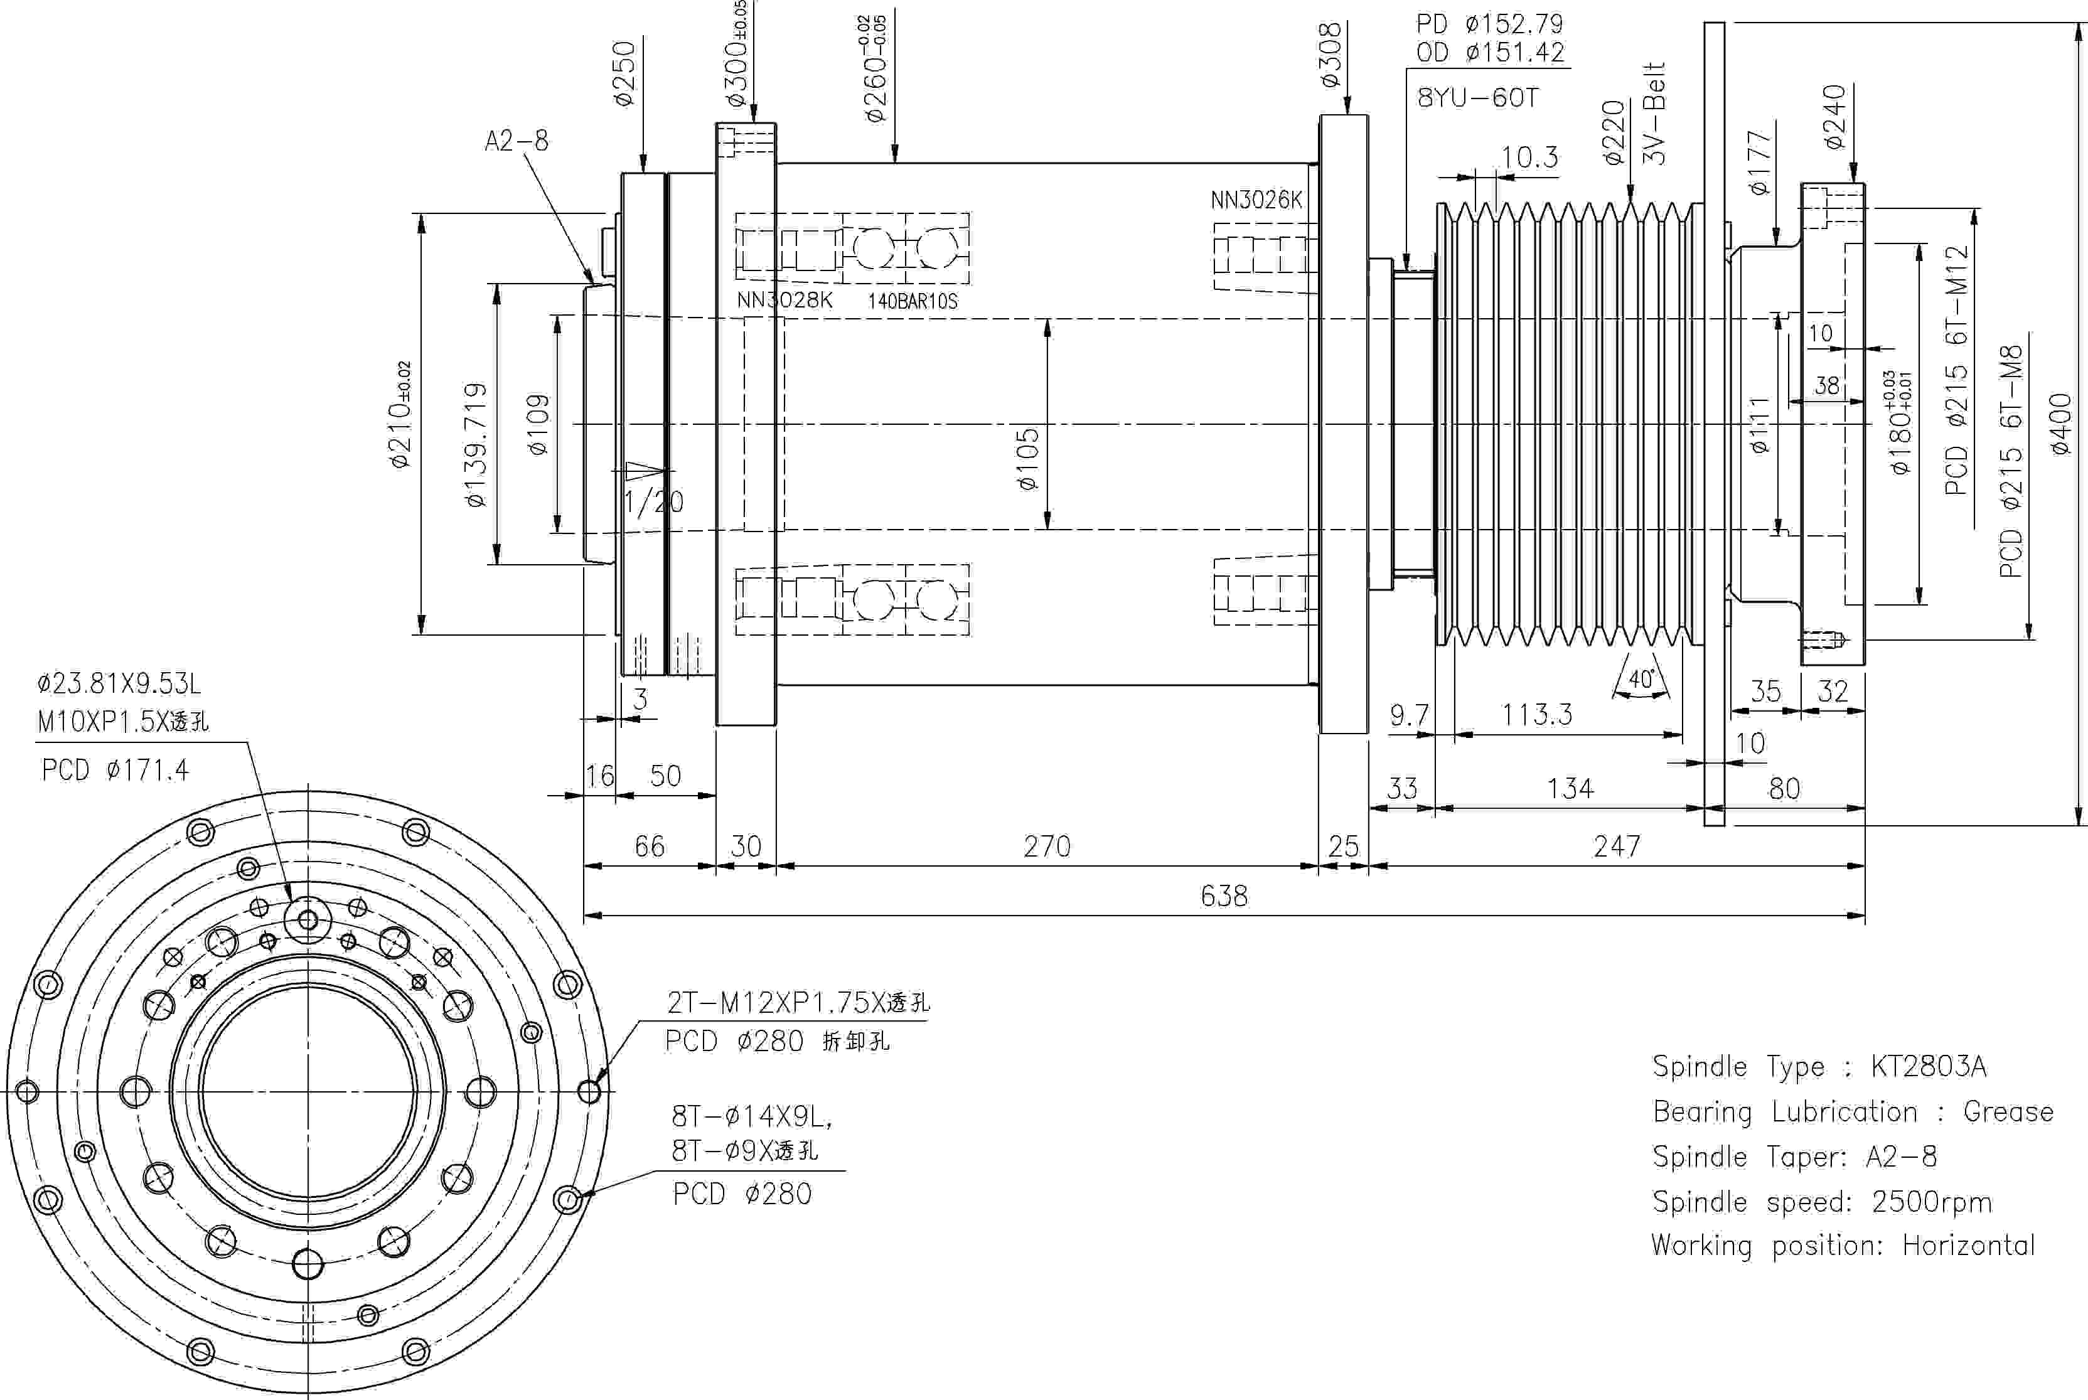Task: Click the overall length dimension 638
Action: click(x=1224, y=895)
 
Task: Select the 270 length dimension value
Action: click(x=1047, y=845)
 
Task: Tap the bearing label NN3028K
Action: click(x=784, y=300)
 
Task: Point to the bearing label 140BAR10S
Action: click(x=913, y=301)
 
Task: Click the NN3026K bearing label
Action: click(x=1256, y=200)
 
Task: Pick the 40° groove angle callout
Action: click(x=1642, y=680)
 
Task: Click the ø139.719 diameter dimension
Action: click(x=477, y=445)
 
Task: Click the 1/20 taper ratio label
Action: click(x=653, y=503)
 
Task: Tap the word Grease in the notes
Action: click(x=2008, y=1111)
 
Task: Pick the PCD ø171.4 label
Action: click(x=115, y=769)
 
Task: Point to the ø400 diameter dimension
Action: click(x=2060, y=425)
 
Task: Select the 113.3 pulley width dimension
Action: click(x=1536, y=714)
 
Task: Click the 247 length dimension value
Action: click(x=1617, y=845)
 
